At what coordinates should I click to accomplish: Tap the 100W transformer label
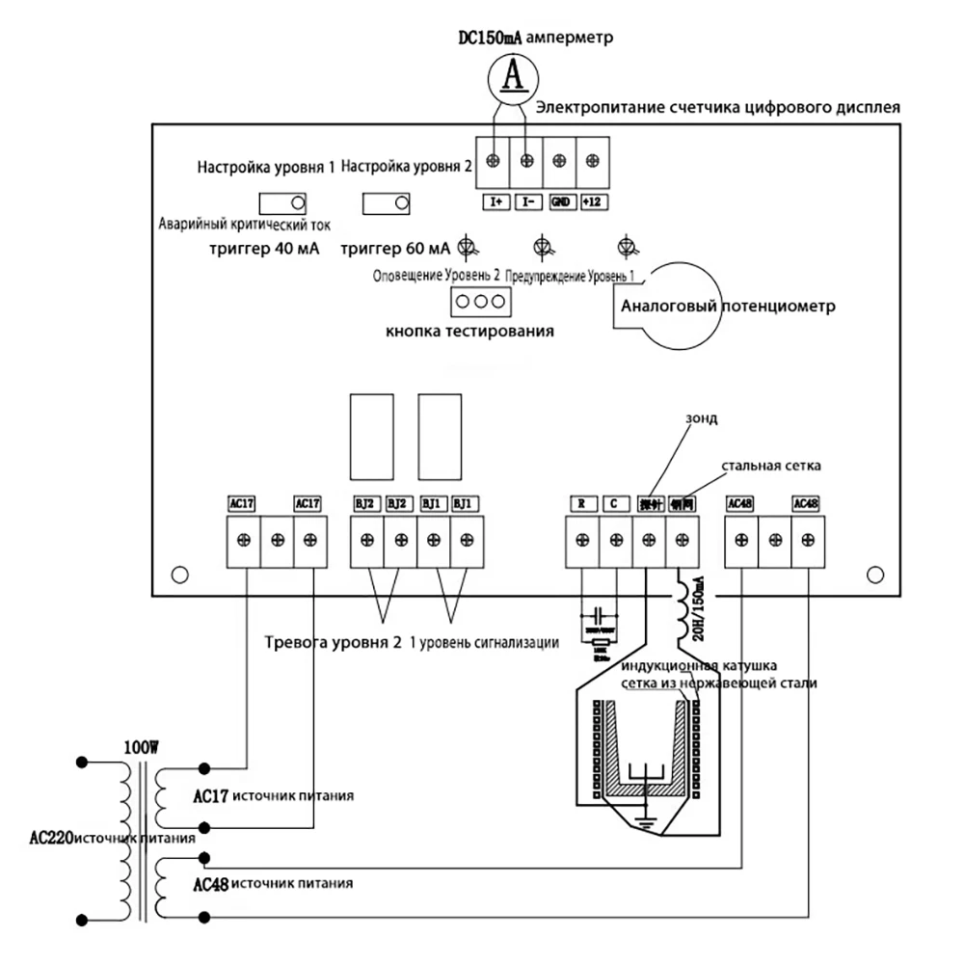click(x=142, y=747)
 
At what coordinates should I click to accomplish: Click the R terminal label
click(x=582, y=503)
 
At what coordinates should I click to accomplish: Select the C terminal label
click(x=615, y=503)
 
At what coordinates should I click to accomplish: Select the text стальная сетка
click(x=769, y=467)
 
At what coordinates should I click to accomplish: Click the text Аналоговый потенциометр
click(x=727, y=308)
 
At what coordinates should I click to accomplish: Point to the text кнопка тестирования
click(x=469, y=332)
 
